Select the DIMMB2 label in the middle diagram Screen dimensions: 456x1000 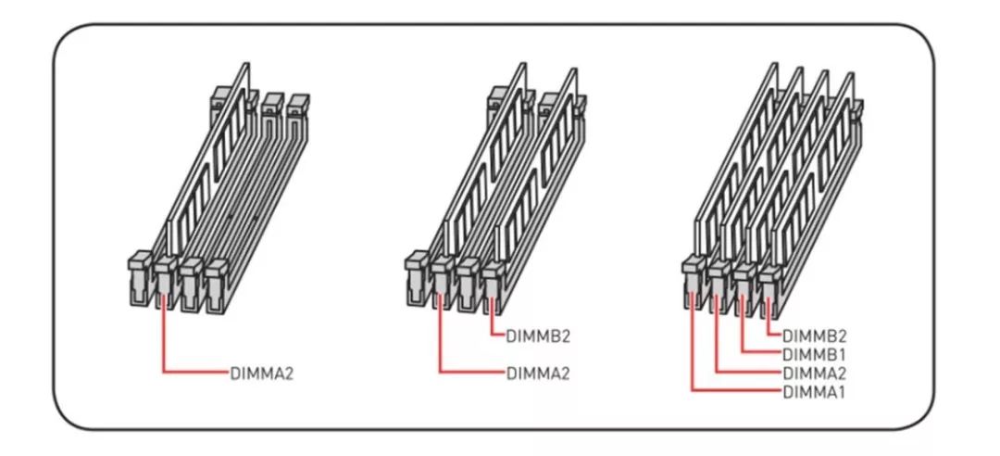click(x=536, y=336)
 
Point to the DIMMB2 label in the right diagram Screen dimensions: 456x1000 click(x=815, y=336)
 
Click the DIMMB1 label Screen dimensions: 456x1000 click(x=815, y=354)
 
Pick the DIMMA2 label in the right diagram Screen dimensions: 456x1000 click(x=815, y=373)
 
